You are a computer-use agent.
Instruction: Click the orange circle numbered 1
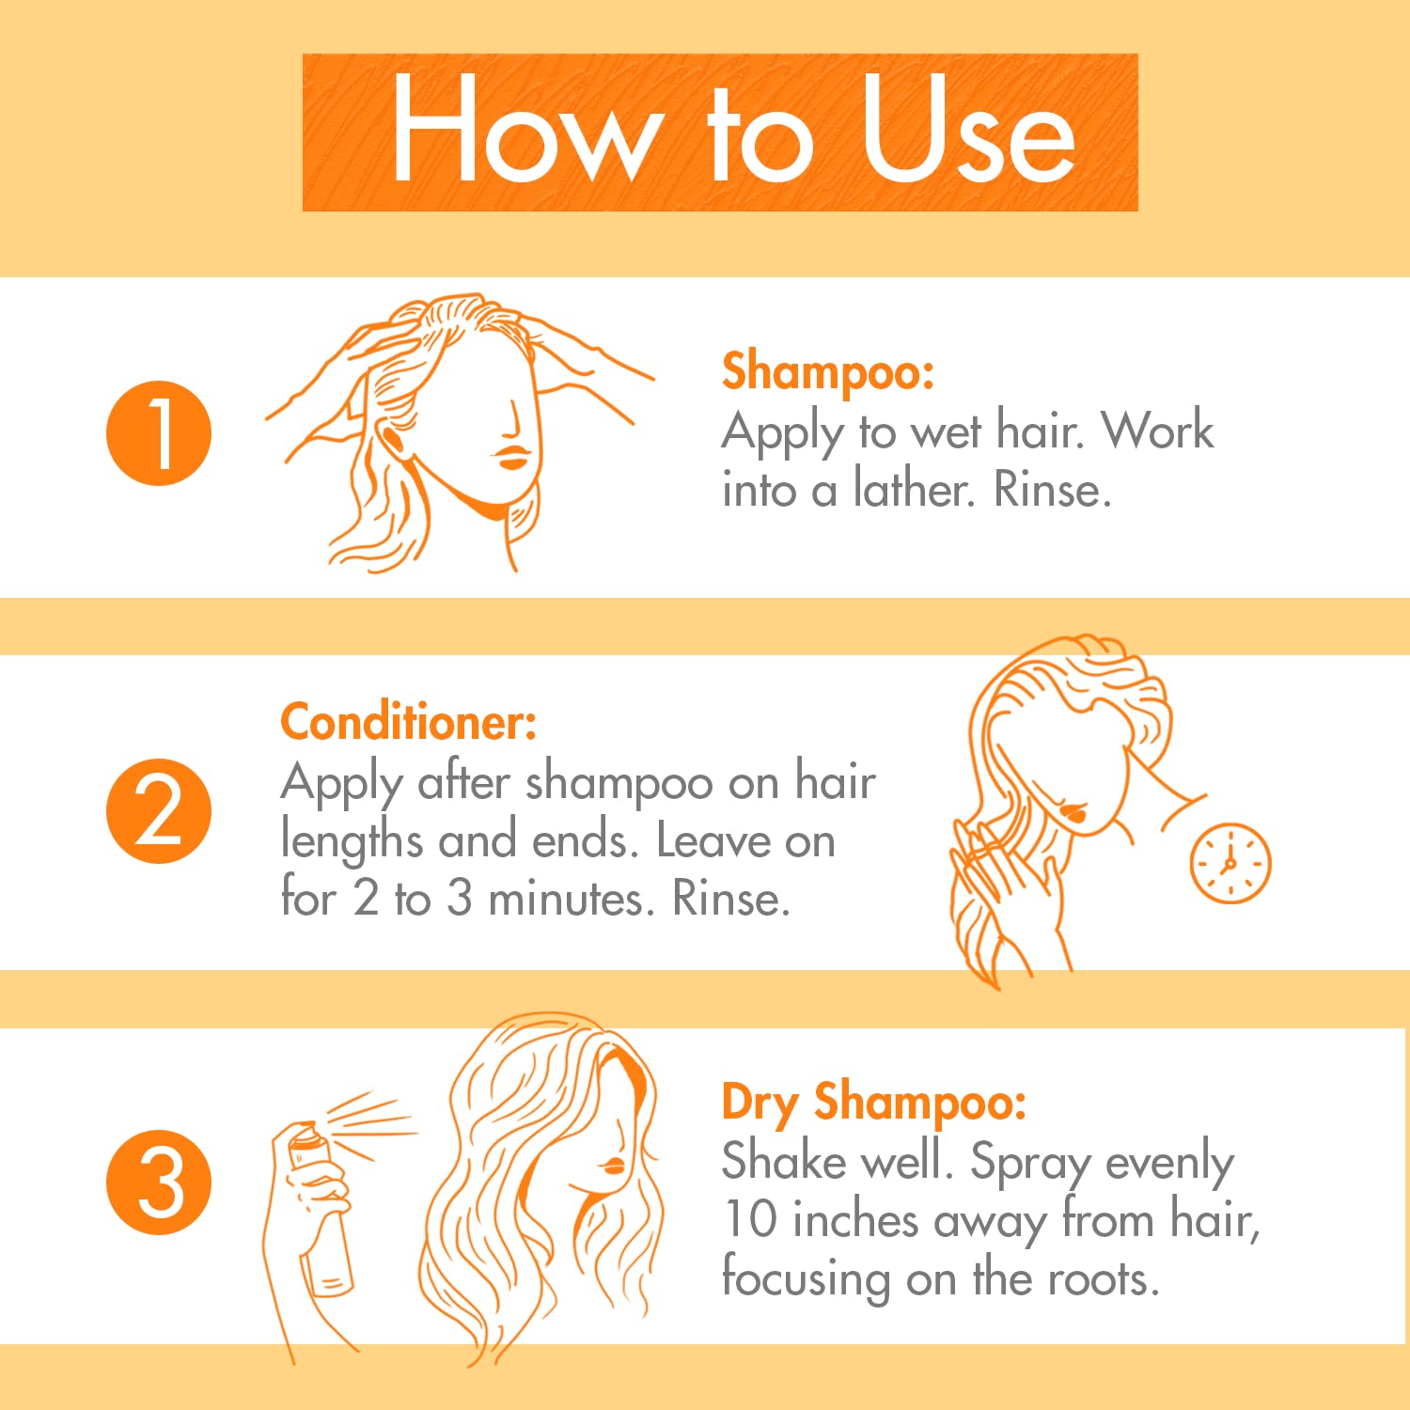[x=159, y=433]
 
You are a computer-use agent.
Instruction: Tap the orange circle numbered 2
[x=159, y=811]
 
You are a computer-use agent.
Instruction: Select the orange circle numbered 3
[x=159, y=1182]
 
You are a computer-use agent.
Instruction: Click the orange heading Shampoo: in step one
[x=828, y=372]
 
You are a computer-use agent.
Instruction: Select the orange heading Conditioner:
[x=409, y=722]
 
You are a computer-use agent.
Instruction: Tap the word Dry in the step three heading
[x=760, y=1104]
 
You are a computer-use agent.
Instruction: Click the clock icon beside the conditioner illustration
[x=1230, y=863]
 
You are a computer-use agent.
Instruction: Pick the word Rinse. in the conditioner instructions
[x=730, y=899]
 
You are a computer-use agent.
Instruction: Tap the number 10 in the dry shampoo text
[x=750, y=1218]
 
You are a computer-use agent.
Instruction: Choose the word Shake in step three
[x=784, y=1161]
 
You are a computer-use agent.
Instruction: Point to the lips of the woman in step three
[x=614, y=1166]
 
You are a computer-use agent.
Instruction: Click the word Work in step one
[x=1158, y=431]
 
